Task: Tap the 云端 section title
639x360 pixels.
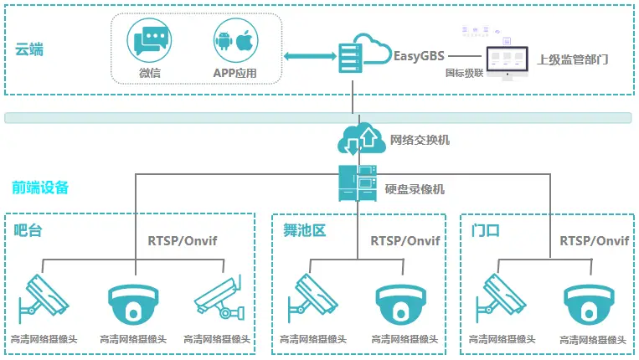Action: pos(29,49)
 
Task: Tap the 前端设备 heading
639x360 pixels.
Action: pos(40,188)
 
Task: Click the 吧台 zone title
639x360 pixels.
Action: pos(28,230)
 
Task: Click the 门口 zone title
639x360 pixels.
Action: pos(487,230)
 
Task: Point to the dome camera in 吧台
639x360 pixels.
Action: pos(132,303)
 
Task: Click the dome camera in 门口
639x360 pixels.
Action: pos(584,303)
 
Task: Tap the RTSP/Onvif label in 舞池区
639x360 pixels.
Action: pos(405,241)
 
